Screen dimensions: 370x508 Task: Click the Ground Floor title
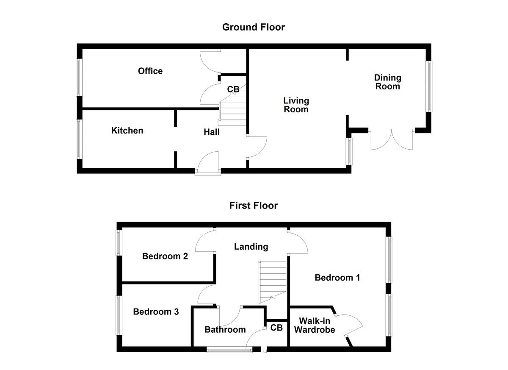pos(254,28)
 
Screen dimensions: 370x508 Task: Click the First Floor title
pos(254,206)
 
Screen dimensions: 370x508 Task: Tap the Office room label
pos(150,71)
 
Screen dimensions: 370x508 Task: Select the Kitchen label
pos(127,131)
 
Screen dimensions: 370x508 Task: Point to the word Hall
pos(212,132)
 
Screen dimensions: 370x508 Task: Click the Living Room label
pos(296,105)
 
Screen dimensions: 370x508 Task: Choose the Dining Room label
pos(387,82)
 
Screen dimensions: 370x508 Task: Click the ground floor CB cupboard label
pos(233,89)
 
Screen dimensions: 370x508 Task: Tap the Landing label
pos(251,247)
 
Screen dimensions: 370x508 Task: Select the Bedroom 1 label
pos(337,278)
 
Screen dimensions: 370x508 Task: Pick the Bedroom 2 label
pos(165,256)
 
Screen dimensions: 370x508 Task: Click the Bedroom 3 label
pos(156,312)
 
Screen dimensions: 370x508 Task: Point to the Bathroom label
pos(225,329)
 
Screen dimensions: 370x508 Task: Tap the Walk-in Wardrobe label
pos(315,325)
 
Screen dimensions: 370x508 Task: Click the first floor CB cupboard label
pos(276,328)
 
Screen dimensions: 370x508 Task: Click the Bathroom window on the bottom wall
pos(229,350)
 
